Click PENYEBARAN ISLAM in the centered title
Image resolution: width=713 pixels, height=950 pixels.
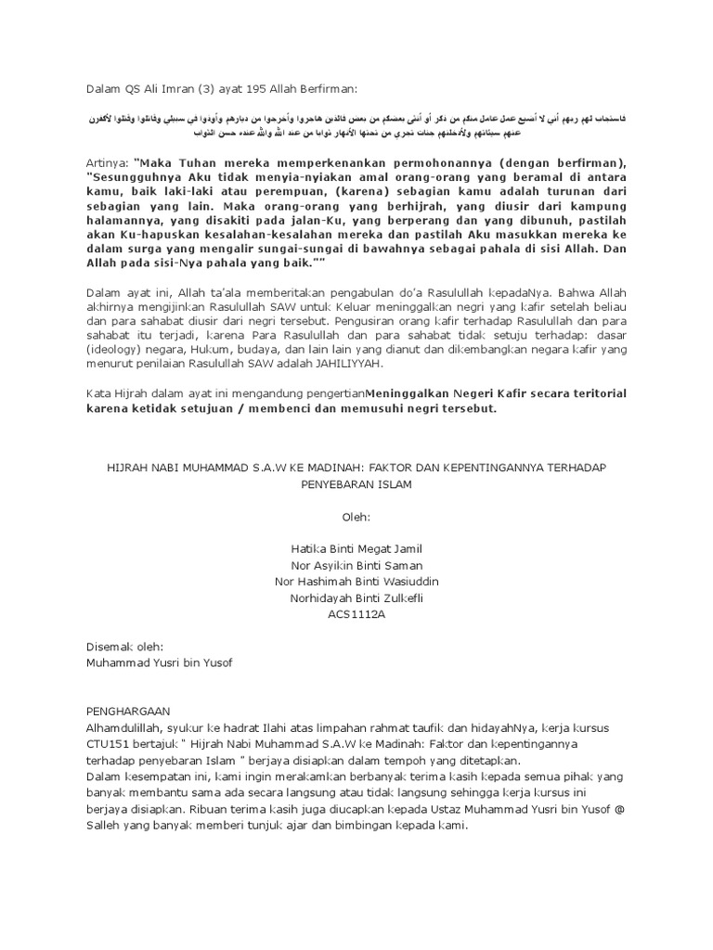coord(356,484)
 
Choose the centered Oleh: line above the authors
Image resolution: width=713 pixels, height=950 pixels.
coord(356,516)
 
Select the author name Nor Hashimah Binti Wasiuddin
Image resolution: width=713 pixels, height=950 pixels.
coord(356,581)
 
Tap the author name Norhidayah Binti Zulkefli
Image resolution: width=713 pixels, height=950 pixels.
coord(356,597)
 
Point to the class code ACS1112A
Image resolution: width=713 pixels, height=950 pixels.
coord(356,613)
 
